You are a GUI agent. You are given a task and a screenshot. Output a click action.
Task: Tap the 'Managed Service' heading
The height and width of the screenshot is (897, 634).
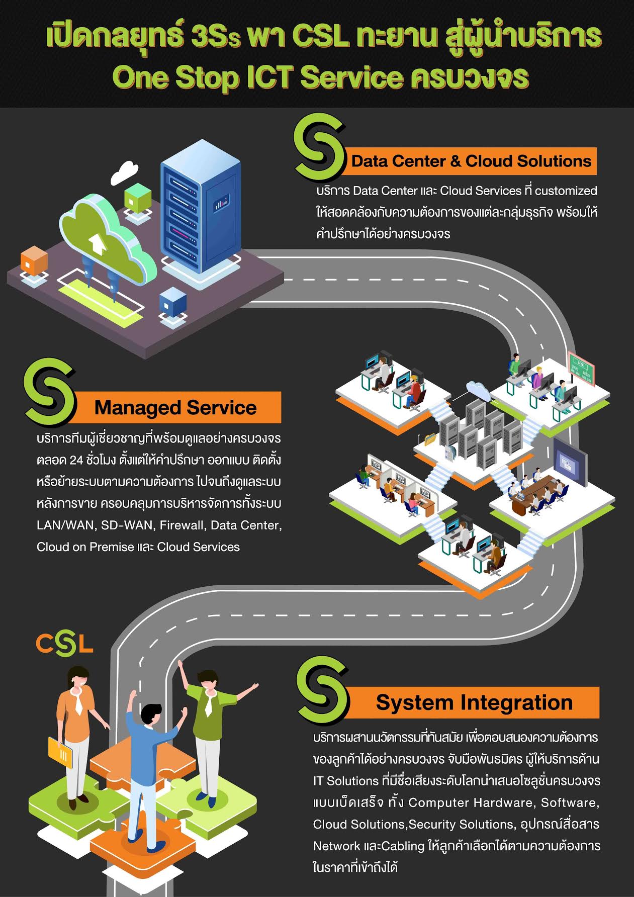tap(175, 408)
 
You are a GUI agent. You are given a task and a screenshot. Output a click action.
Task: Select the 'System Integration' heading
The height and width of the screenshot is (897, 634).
tap(474, 702)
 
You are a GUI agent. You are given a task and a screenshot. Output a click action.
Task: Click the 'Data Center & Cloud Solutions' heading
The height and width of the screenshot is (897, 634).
tap(471, 161)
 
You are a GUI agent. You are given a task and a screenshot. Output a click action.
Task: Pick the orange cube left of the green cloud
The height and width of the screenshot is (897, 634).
tap(34, 261)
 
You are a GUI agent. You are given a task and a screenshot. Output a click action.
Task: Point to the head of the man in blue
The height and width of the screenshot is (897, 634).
tap(151, 717)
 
